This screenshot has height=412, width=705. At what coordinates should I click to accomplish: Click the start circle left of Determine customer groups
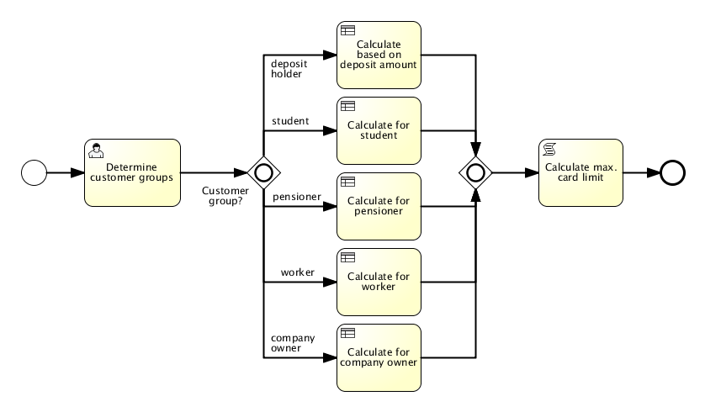click(x=34, y=172)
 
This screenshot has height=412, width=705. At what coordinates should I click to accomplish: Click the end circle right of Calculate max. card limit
click(x=672, y=172)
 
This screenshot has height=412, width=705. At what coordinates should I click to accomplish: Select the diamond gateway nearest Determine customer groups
click(x=263, y=172)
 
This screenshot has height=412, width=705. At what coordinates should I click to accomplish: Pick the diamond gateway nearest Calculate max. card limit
click(x=475, y=172)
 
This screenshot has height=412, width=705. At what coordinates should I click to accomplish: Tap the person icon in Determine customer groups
click(x=96, y=150)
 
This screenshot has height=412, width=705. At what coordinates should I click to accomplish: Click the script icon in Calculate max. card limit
click(x=549, y=149)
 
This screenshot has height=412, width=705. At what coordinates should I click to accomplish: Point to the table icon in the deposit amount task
click(x=347, y=30)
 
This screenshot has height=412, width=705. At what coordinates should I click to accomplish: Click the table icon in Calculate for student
click(x=347, y=106)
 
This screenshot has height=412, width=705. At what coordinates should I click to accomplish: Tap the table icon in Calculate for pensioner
click(x=347, y=182)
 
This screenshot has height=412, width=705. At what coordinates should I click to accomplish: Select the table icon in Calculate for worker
click(x=347, y=257)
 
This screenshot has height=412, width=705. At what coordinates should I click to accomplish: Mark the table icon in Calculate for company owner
click(x=347, y=333)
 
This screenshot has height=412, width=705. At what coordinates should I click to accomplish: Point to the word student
click(x=379, y=135)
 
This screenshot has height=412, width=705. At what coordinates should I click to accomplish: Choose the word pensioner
click(x=379, y=211)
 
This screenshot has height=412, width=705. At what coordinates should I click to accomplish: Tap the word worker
click(x=379, y=287)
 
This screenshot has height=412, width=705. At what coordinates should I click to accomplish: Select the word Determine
click(x=132, y=167)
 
